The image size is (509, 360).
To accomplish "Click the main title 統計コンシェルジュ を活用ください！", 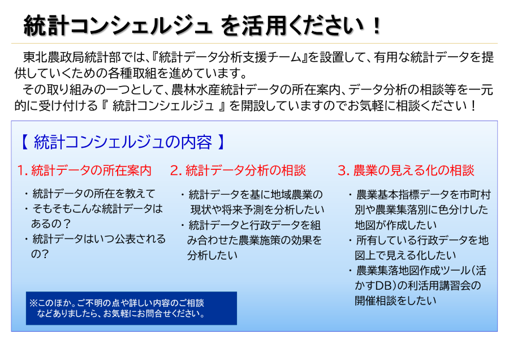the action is pyautogui.click(x=202, y=25).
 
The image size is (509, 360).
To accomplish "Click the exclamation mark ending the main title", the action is pyautogui.click(x=377, y=25).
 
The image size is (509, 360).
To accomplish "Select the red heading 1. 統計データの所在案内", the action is pyautogui.click(x=84, y=170).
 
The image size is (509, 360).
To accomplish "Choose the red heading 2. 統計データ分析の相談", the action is pyautogui.click(x=238, y=170).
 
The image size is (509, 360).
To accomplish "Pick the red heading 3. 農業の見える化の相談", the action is pyautogui.click(x=406, y=170).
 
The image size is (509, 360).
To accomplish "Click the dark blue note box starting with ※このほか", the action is pyautogui.click(x=131, y=308).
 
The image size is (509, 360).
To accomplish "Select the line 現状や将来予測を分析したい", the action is pyautogui.click(x=257, y=209).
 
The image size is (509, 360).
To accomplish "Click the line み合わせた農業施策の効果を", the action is pyautogui.click(x=254, y=240).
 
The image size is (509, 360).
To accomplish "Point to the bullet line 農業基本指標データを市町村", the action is pyautogui.click(x=420, y=195).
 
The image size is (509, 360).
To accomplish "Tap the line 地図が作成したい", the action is pyautogui.click(x=396, y=225).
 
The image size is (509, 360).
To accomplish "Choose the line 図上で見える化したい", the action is pyautogui.click(x=406, y=255).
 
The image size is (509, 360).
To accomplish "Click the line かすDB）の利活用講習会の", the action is pyautogui.click(x=418, y=285).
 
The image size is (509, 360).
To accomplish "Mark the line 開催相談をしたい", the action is pyautogui.click(x=396, y=301).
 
